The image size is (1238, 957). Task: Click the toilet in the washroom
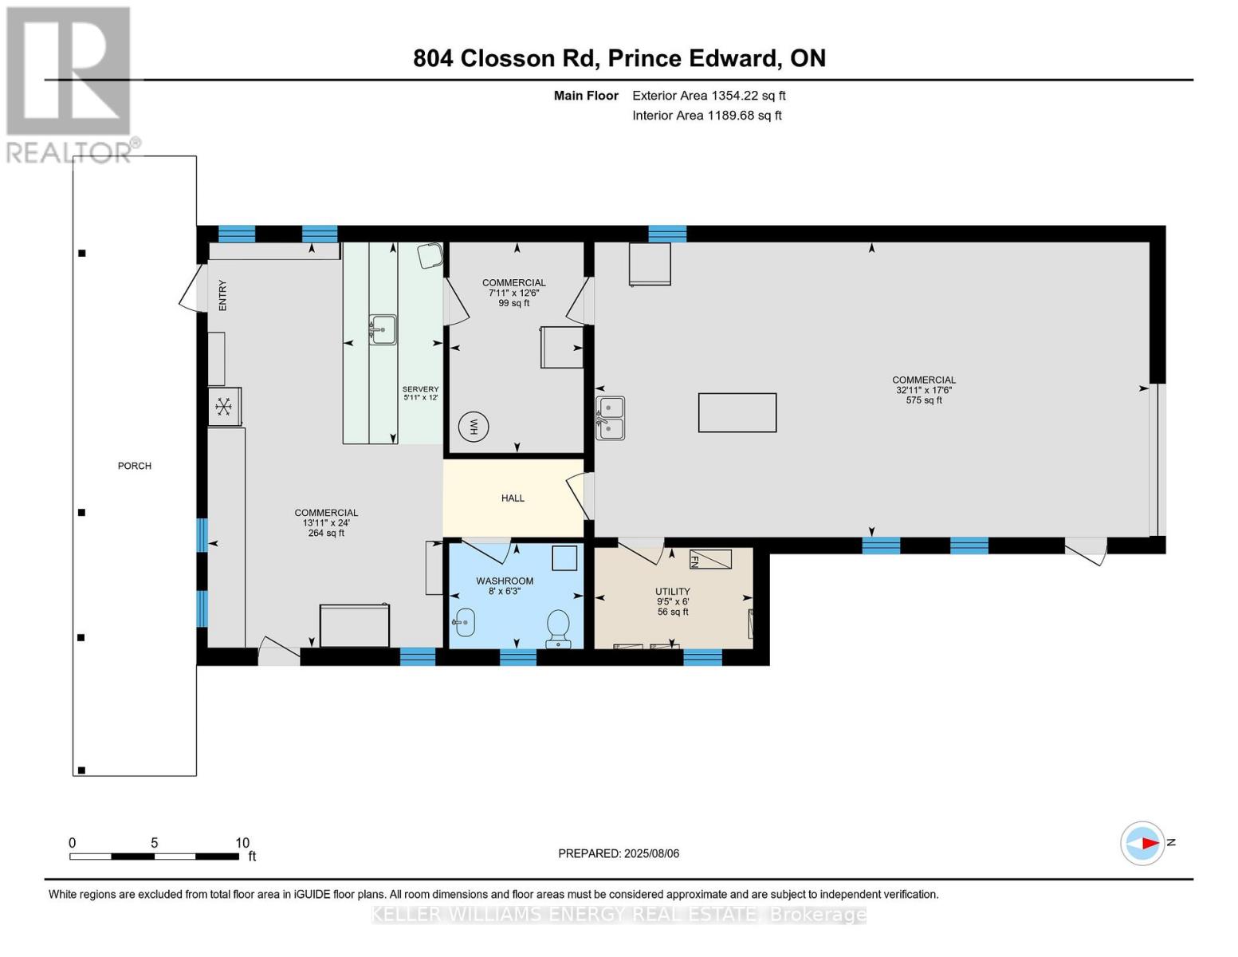click(558, 627)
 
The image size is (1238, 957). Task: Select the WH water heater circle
click(473, 427)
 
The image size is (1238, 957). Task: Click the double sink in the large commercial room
click(610, 418)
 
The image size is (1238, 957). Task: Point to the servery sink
click(383, 329)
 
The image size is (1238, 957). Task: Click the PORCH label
click(134, 466)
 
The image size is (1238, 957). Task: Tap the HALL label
click(513, 498)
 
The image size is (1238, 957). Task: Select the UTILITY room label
click(673, 592)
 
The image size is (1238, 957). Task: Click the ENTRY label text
click(222, 295)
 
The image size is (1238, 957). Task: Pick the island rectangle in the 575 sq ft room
click(737, 413)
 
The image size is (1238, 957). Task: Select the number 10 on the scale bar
click(242, 843)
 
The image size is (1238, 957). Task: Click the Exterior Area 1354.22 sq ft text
click(709, 96)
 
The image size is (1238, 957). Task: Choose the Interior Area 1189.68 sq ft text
click(706, 116)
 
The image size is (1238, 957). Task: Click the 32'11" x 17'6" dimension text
click(923, 390)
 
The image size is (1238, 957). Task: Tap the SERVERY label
click(420, 389)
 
